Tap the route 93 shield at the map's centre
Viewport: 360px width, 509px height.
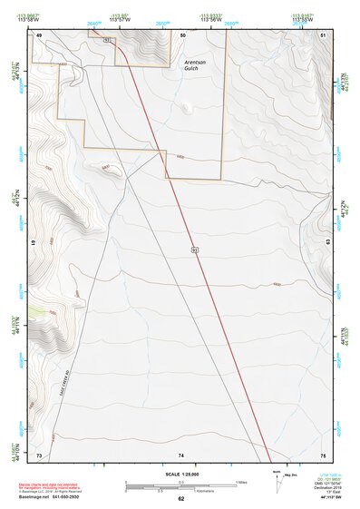[194, 249]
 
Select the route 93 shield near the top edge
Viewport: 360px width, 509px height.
[108, 42]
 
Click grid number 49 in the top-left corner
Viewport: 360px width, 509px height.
[39, 34]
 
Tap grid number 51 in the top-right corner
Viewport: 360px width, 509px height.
[324, 34]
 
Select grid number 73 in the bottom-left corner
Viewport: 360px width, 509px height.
[39, 454]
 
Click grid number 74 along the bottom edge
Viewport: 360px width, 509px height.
[181, 454]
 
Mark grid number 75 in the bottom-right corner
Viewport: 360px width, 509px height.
[324, 454]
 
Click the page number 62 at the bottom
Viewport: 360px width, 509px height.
[180, 499]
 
